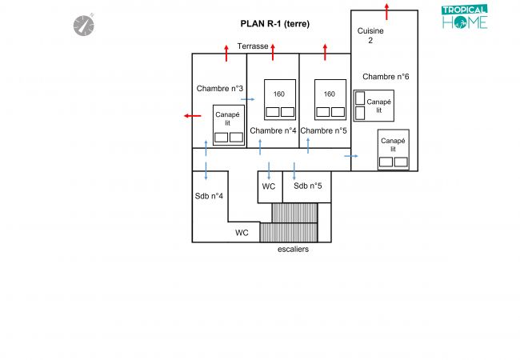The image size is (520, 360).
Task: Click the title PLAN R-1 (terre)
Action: (275, 24)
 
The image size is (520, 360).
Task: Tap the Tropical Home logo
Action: (465, 17)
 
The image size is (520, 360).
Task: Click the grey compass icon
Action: (83, 25)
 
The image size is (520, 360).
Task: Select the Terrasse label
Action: (253, 46)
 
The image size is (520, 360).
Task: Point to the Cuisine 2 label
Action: (370, 35)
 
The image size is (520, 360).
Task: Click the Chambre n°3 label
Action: (219, 89)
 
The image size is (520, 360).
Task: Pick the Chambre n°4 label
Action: (273, 130)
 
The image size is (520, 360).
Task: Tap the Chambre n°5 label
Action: (323, 130)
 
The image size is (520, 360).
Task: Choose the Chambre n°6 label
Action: (386, 77)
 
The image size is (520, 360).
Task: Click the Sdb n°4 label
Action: (209, 196)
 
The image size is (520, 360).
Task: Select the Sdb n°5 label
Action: (308, 186)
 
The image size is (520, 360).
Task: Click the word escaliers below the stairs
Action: (293, 250)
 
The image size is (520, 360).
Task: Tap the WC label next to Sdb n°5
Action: (269, 186)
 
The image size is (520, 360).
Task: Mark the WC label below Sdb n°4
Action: (242, 233)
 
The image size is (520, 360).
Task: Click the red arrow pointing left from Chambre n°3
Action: (193, 116)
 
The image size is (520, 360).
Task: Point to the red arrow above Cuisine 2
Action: (386, 12)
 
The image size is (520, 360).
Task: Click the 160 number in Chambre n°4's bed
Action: (279, 94)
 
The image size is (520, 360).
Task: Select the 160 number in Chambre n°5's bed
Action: (330, 94)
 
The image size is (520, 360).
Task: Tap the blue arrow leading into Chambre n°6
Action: (351, 156)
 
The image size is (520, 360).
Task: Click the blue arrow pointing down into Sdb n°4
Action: (206, 171)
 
